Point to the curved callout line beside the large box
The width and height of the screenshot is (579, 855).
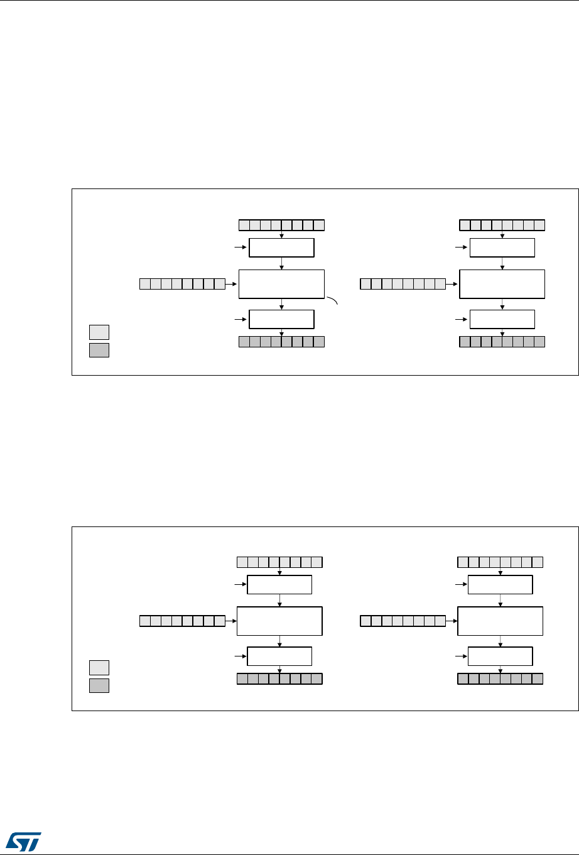point(332,301)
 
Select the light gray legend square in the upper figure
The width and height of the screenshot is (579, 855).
point(99,332)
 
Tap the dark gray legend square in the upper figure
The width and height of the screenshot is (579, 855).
point(99,350)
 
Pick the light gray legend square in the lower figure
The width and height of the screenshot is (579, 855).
point(99,667)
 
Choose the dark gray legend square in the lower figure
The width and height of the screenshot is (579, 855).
point(99,685)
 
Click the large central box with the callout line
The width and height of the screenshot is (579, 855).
point(282,284)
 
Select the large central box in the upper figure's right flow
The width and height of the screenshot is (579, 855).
point(502,284)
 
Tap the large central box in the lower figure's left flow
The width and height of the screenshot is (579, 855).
point(279,621)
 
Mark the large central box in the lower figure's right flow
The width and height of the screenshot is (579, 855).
point(500,621)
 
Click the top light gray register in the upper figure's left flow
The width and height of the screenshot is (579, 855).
point(282,225)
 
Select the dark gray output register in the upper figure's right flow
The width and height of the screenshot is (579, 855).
point(502,342)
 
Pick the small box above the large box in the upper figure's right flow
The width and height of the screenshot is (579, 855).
point(502,248)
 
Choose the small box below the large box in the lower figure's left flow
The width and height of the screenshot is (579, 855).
point(279,656)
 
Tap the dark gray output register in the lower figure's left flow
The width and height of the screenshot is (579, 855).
point(279,678)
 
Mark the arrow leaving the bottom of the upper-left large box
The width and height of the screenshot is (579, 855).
point(282,303)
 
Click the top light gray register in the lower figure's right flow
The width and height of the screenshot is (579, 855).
point(500,562)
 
